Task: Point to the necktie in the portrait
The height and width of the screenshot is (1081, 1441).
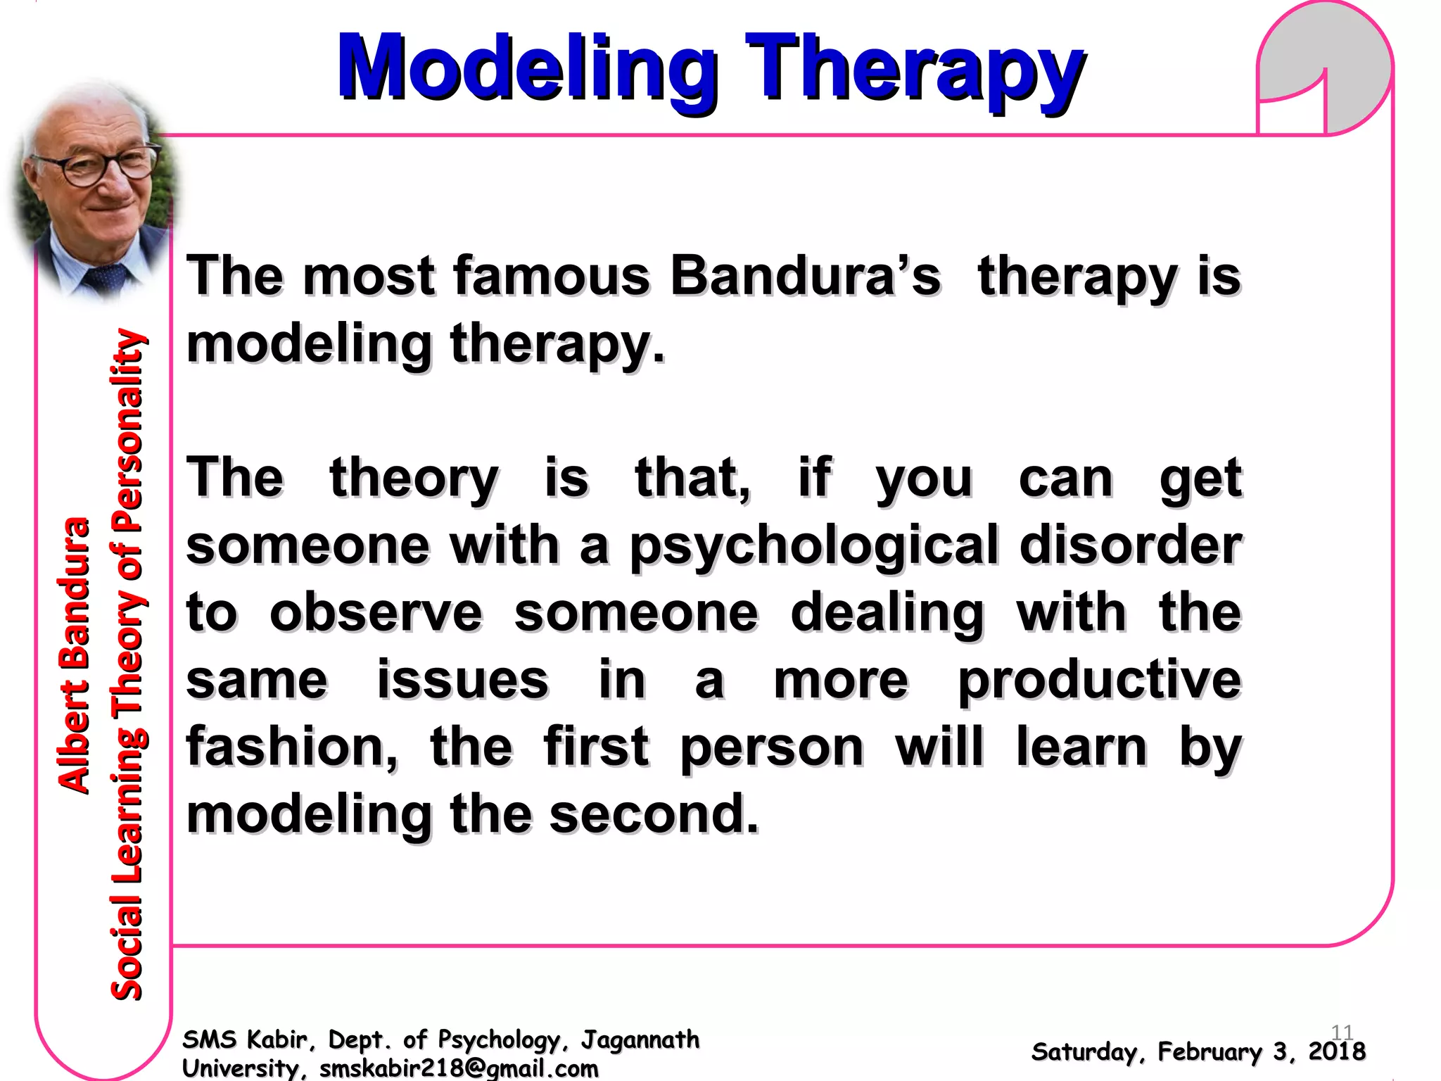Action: (106, 278)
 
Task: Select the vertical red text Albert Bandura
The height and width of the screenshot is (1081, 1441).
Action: (74, 655)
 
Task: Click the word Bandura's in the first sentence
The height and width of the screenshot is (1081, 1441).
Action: (805, 276)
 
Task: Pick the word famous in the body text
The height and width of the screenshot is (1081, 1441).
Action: (552, 276)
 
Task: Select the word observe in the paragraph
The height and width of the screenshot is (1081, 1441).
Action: (376, 612)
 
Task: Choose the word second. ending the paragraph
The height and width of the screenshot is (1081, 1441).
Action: (654, 814)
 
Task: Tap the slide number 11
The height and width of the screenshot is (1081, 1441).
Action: (1342, 1032)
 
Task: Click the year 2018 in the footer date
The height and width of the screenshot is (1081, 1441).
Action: (1336, 1051)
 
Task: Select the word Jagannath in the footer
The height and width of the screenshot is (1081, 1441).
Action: (640, 1039)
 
